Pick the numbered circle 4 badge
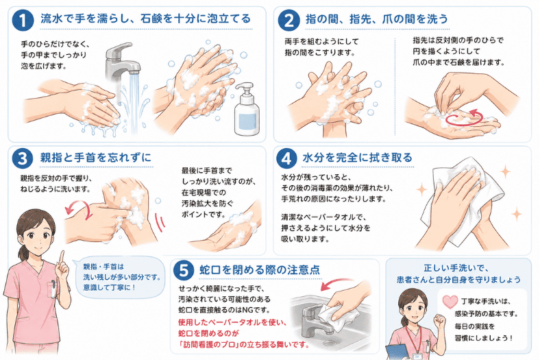tap(286, 158)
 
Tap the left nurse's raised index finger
tap(62, 256)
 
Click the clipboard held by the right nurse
tap(395, 351)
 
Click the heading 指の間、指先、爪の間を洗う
tap(376, 20)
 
